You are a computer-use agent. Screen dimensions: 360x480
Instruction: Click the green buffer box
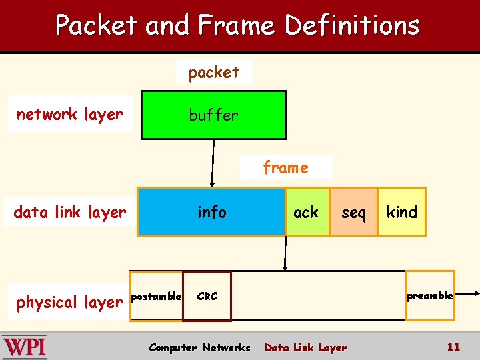coord(213,115)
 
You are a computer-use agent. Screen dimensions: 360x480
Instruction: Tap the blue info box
coord(211,212)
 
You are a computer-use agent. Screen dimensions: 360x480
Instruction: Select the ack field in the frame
coord(307,212)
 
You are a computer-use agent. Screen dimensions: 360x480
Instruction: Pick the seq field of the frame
coord(353,212)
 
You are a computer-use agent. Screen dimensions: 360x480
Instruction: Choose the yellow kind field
coord(401,212)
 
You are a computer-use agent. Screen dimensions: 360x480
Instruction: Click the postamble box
coord(156,296)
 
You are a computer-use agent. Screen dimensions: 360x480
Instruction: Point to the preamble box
coord(430,295)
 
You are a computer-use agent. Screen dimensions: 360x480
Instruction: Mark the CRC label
coord(207,296)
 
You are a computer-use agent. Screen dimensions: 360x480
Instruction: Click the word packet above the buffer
coord(213,72)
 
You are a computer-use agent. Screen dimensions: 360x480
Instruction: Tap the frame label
coord(285,167)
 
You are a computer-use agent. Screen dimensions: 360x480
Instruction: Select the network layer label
coord(69,114)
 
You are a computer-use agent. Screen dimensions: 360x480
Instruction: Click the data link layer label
coord(69,212)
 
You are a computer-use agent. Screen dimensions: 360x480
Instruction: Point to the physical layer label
coord(69,302)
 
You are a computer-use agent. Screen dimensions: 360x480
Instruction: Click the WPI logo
coord(25,347)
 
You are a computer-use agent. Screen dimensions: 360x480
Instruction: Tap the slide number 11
coord(453,347)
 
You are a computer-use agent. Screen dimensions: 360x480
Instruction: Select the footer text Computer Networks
coord(199,347)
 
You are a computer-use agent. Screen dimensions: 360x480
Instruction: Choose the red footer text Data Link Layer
coord(306,347)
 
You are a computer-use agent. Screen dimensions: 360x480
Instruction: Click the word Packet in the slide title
coord(97,25)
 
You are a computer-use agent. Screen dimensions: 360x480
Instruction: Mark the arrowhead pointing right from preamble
coord(475,293)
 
